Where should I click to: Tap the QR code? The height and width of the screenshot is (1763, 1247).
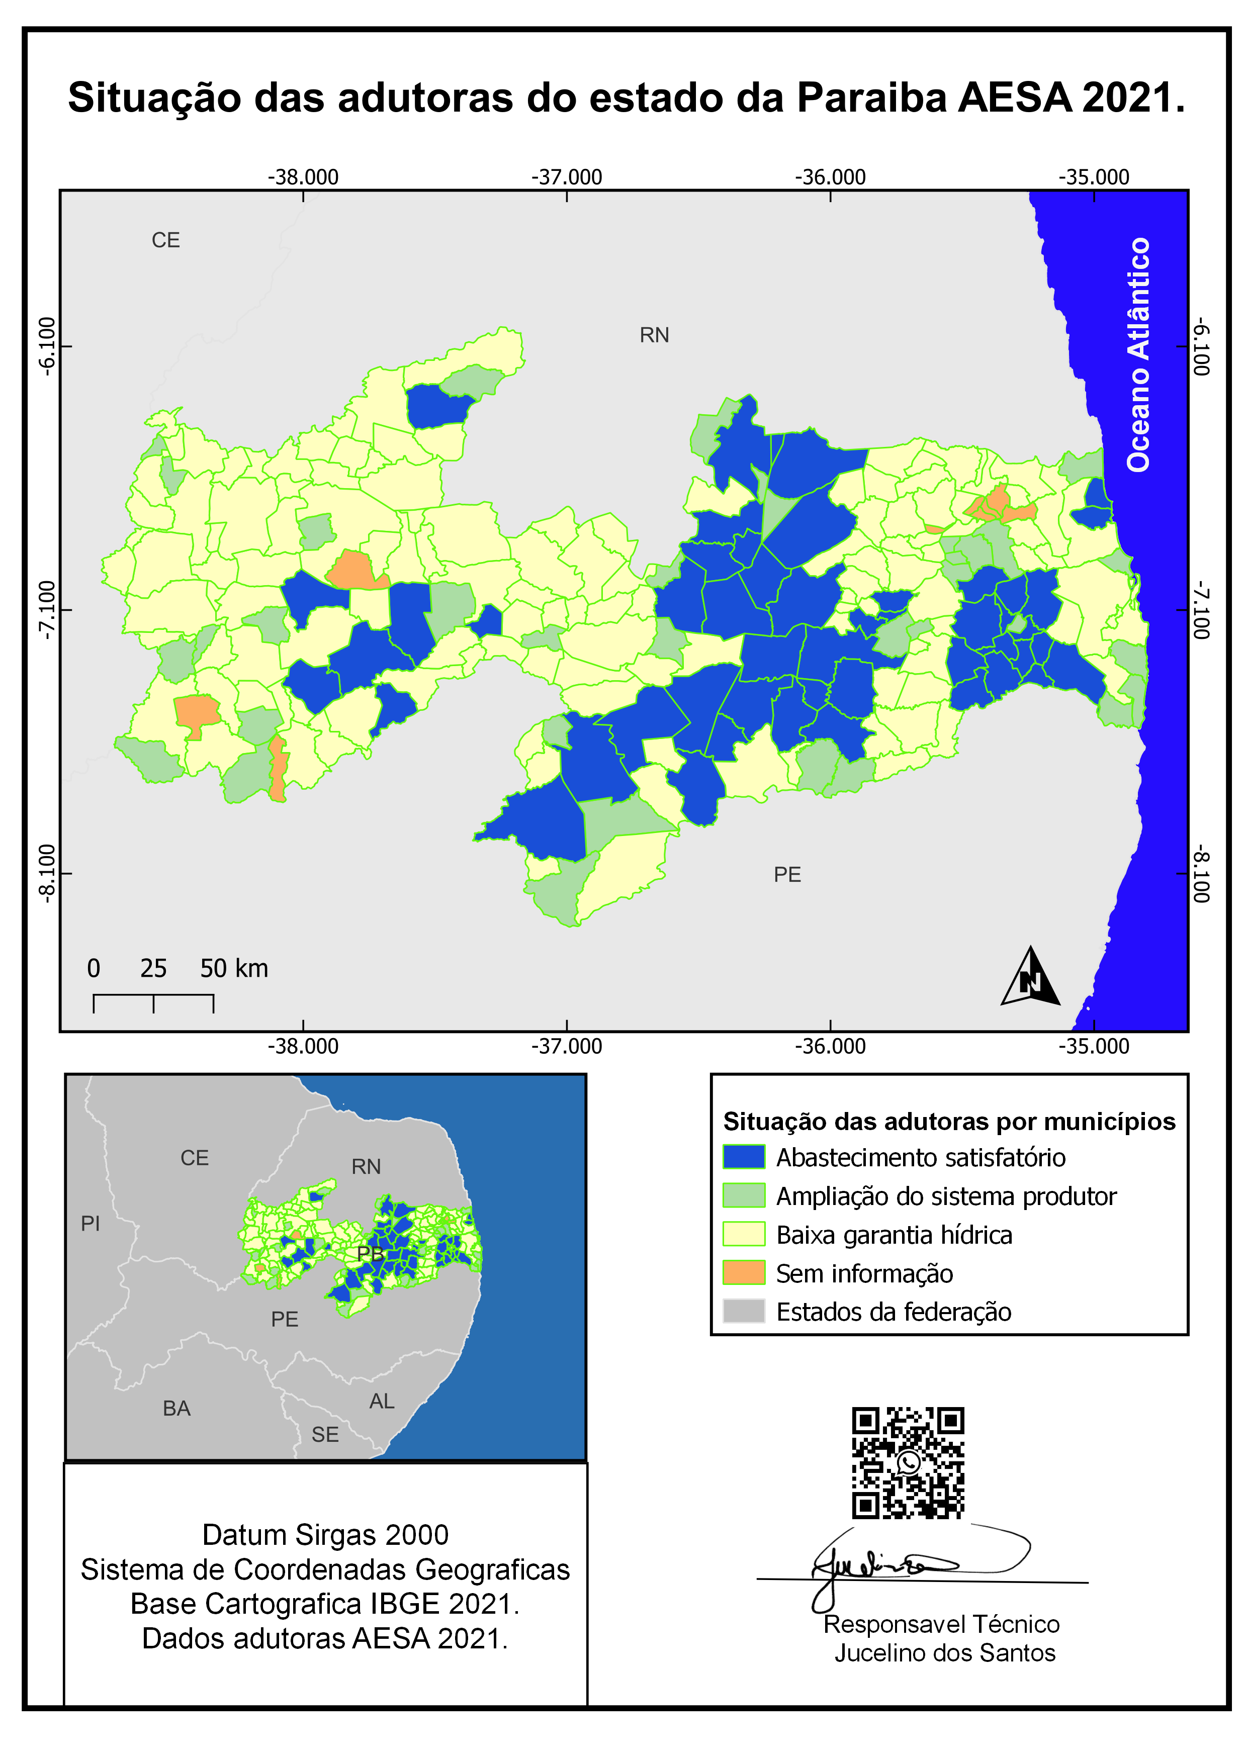(x=908, y=1463)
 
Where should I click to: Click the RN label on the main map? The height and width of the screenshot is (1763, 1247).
(x=654, y=335)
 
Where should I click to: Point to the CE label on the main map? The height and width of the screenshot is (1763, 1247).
(x=166, y=240)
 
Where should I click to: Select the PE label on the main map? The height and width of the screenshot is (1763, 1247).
(x=787, y=875)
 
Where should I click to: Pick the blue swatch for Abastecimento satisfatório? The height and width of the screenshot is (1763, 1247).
(x=743, y=1156)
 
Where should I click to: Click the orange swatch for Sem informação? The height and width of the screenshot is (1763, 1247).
(x=743, y=1272)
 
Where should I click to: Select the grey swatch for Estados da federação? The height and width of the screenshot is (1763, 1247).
(x=743, y=1311)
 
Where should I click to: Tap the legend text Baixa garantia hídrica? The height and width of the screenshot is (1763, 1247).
(x=894, y=1235)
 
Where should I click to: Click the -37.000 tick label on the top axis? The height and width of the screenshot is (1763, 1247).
(x=567, y=177)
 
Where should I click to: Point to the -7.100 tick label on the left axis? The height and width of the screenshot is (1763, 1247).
(x=48, y=610)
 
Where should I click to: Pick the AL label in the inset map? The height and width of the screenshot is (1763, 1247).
(x=382, y=1402)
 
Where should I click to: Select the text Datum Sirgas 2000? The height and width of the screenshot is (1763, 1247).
(x=325, y=1535)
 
